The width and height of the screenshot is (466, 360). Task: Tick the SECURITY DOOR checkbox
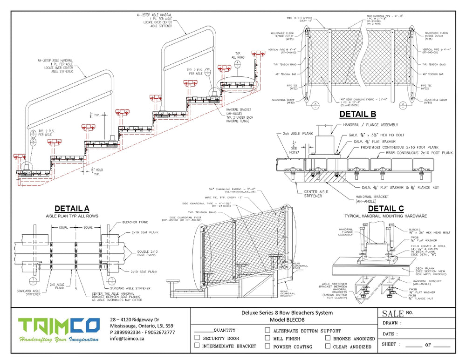tap(197, 338)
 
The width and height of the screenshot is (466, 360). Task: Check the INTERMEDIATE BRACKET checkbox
tap(197, 346)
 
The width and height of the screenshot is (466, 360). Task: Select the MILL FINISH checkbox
tap(267, 338)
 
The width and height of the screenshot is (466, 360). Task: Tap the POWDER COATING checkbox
tap(267, 346)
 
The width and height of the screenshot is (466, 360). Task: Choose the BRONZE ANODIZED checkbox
tap(328, 338)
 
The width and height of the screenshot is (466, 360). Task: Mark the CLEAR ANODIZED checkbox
tap(328, 346)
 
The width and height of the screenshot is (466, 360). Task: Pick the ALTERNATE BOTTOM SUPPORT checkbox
tap(267, 330)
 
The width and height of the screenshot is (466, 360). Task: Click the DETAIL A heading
tap(72, 209)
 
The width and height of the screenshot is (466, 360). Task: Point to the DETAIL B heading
tap(357, 114)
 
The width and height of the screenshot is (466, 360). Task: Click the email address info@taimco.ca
tap(127, 339)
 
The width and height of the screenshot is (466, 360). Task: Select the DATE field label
tap(390, 334)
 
